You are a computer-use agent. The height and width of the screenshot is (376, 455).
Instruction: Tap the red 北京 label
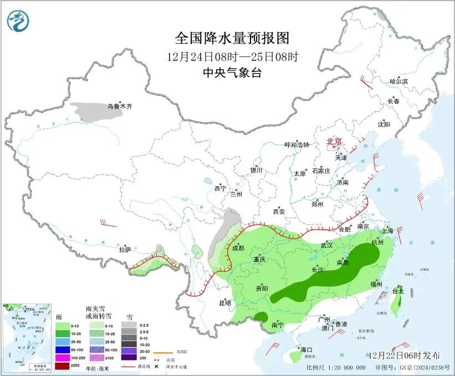pyautogui.click(x=335, y=141)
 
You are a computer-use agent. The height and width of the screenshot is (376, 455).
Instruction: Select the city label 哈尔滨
pyautogui.click(x=398, y=81)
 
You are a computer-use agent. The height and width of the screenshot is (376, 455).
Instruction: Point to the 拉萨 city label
pyautogui.click(x=125, y=250)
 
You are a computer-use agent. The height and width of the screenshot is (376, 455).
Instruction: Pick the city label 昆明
pyautogui.click(x=224, y=303)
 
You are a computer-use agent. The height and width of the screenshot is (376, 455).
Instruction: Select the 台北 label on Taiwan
pyautogui.click(x=398, y=291)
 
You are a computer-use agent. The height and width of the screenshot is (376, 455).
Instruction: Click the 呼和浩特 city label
pyautogui.click(x=297, y=145)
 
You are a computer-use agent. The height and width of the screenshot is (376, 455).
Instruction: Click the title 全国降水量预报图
pyautogui.click(x=232, y=38)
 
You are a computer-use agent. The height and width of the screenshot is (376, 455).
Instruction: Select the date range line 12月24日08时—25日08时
pyautogui.click(x=232, y=56)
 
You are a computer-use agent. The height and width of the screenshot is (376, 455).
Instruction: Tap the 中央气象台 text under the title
pyautogui.click(x=232, y=73)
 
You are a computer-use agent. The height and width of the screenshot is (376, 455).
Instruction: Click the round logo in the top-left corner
pyautogui.click(x=18, y=21)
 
